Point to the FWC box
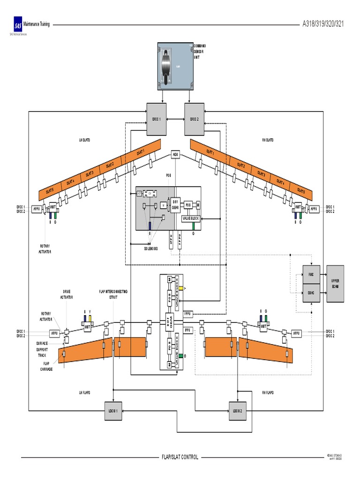(x=310, y=274)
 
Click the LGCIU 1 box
(x=113, y=411)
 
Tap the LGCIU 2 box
(x=238, y=411)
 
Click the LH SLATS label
(x=85, y=140)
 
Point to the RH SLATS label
(x=268, y=140)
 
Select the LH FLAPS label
(x=84, y=392)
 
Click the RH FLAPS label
(x=268, y=392)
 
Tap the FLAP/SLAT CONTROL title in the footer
(x=180, y=457)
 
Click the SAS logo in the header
(x=18, y=25)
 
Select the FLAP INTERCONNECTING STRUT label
(x=112, y=294)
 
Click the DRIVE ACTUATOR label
(x=66, y=294)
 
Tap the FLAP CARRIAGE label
(x=46, y=366)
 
